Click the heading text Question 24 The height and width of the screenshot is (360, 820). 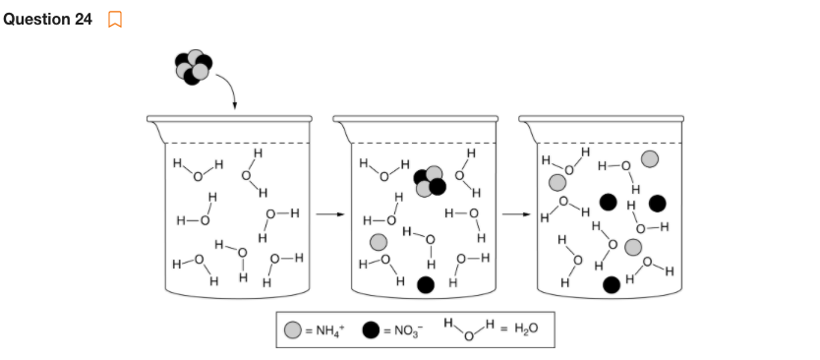tap(48, 20)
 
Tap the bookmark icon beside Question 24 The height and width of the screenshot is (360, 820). tap(115, 20)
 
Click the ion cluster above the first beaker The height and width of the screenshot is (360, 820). tap(194, 66)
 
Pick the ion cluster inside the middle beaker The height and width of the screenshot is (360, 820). tap(429, 180)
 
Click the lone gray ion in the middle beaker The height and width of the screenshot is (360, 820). tap(379, 242)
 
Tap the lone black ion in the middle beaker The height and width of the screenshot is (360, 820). tap(426, 284)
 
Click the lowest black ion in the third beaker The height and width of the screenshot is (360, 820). tap(611, 284)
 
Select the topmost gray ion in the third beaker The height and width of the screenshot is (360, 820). tap(649, 158)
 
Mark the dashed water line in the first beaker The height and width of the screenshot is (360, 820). tap(236, 144)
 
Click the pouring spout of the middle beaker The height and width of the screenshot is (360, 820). tap(341, 121)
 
